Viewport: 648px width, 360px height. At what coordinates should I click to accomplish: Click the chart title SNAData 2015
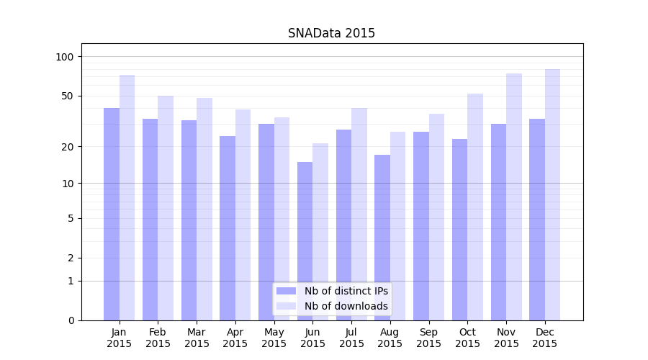(331, 33)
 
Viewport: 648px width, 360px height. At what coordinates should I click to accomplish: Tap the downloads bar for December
(552, 194)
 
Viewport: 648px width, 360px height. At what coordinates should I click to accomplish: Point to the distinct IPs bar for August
(382, 238)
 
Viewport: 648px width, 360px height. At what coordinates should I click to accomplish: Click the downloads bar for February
(166, 208)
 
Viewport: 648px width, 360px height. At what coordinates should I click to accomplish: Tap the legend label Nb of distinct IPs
(346, 291)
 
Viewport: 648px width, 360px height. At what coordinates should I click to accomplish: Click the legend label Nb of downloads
(346, 306)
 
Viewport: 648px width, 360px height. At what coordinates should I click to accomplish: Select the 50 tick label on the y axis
(68, 96)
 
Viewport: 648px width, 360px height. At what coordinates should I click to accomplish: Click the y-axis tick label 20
(68, 147)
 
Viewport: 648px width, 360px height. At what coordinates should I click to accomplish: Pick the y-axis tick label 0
(71, 320)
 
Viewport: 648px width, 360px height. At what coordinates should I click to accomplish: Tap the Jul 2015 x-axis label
(351, 338)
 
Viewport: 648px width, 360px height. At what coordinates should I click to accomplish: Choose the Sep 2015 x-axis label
(428, 338)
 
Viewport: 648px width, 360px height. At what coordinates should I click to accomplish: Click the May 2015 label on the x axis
(274, 338)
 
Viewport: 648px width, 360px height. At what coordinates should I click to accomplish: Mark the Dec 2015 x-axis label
(545, 338)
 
